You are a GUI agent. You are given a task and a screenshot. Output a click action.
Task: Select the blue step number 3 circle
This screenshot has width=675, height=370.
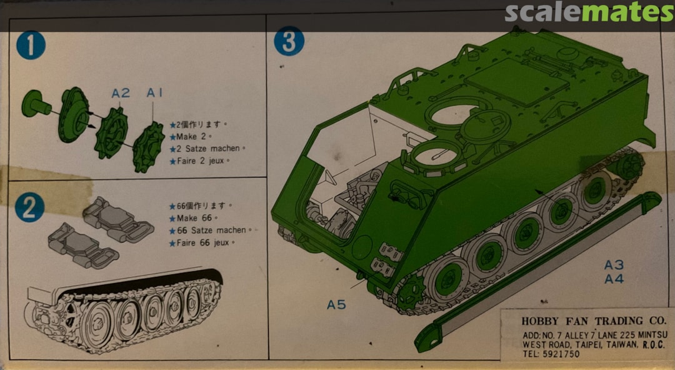click(x=289, y=42)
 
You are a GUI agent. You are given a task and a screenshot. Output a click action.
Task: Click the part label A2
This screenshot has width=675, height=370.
click(x=121, y=93)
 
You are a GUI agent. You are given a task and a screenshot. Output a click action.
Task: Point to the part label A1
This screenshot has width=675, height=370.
click(x=154, y=92)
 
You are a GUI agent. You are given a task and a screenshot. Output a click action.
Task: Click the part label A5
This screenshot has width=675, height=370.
click(x=336, y=304)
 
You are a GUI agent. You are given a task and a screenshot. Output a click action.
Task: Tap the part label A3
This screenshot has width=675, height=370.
click(x=614, y=265)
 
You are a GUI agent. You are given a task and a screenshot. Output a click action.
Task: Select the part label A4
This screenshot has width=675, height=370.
click(x=614, y=279)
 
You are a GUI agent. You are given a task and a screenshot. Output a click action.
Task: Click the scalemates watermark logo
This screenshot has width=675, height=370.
click(x=588, y=12)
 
